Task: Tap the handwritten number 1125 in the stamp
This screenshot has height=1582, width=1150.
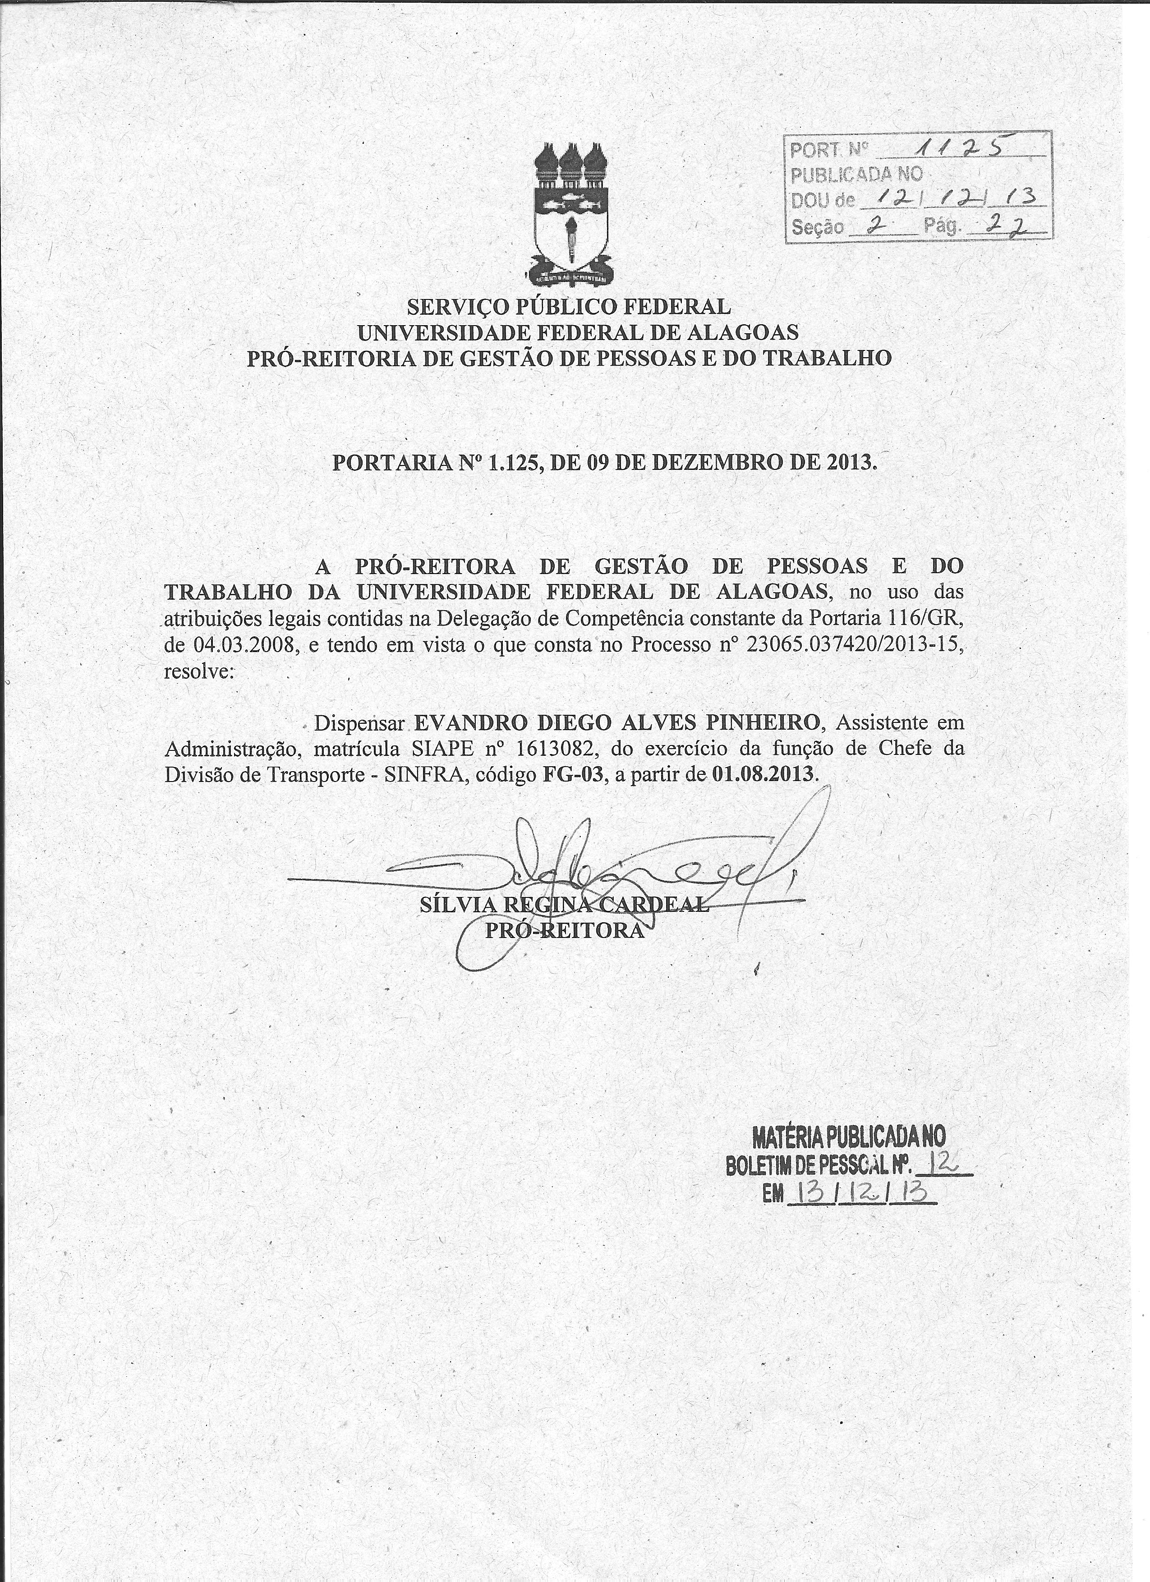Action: point(962,146)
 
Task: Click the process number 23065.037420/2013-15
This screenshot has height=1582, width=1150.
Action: point(854,645)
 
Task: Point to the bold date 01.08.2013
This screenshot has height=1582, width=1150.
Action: point(763,775)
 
